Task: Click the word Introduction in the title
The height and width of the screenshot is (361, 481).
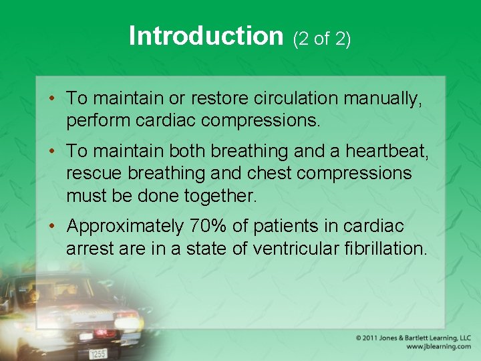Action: click(x=206, y=36)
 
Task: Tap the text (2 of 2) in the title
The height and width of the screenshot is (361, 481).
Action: click(x=322, y=39)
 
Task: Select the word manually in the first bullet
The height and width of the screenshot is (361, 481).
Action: click(x=391, y=99)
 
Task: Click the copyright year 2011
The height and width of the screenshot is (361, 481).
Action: click(x=375, y=338)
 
